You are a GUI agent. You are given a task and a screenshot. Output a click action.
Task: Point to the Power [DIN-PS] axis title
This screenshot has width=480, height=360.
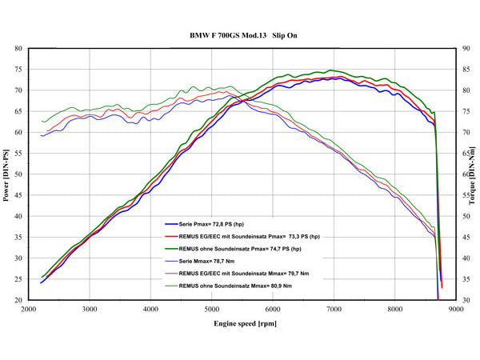(7, 174)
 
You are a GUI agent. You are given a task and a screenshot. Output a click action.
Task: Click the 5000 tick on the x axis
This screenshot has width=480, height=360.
(212, 308)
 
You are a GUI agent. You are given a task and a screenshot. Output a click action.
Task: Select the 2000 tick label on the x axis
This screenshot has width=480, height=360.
(28, 308)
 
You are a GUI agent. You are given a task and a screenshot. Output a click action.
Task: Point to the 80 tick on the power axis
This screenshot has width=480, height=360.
(18, 49)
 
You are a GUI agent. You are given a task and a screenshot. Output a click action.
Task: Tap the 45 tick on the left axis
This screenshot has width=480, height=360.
(18, 195)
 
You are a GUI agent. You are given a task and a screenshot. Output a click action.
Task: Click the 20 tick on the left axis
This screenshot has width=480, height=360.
(18, 300)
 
